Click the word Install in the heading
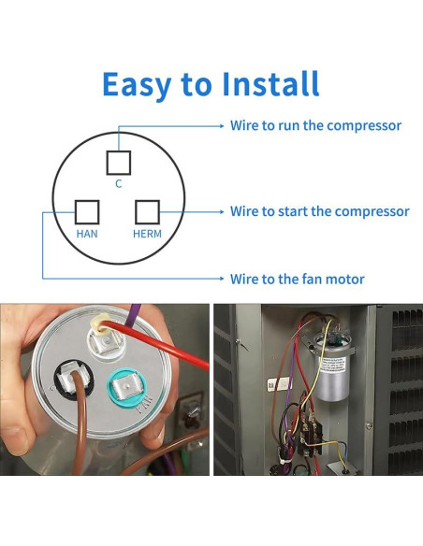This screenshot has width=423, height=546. click(270, 83)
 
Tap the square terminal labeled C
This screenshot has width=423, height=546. click(119, 163)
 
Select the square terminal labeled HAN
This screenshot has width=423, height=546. click(87, 212)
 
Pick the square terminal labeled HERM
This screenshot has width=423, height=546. click(147, 212)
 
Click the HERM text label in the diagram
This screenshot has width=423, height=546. click(147, 234)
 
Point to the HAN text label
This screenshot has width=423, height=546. click(87, 234)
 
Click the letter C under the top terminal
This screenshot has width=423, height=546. click(119, 183)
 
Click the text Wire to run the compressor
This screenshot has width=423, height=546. click(315, 125)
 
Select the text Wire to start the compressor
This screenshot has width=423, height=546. click(319, 211)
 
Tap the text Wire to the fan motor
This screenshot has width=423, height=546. click(298, 279)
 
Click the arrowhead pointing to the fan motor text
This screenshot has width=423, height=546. click(222, 279)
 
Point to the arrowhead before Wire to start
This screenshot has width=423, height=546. click(222, 211)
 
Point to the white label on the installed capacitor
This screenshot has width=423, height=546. click(333, 368)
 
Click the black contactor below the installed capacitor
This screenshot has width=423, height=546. click(310, 436)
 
